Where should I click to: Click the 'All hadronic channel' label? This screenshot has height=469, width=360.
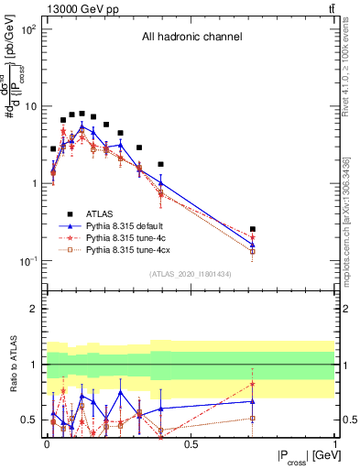click(191, 38)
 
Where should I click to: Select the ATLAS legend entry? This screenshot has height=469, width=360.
click(100, 212)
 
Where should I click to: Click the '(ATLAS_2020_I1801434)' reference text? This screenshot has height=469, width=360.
click(191, 274)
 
